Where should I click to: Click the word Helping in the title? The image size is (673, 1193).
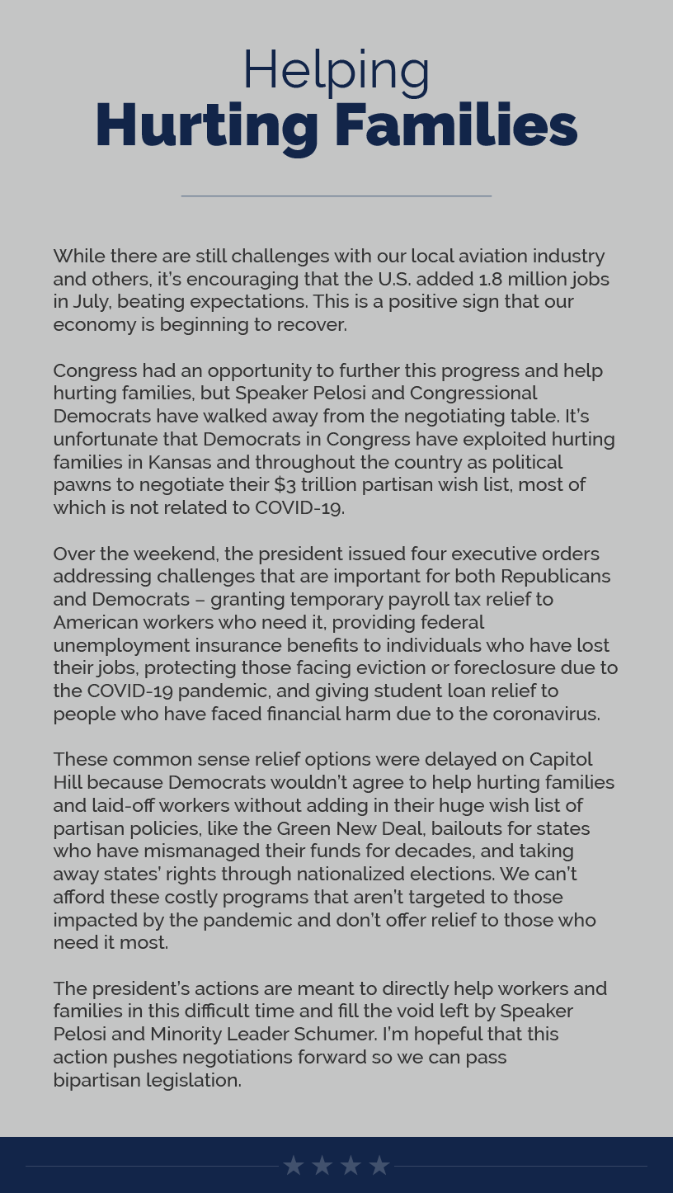[x=336, y=70]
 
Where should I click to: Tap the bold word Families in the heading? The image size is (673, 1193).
[x=455, y=125]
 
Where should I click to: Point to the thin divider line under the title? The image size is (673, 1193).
[x=336, y=196]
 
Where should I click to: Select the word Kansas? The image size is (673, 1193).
[x=179, y=462]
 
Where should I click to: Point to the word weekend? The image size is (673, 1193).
[x=175, y=554]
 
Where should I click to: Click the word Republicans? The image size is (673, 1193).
[x=555, y=576]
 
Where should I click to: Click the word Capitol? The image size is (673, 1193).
[x=560, y=759]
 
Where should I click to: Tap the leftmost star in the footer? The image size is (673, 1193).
[x=293, y=1165]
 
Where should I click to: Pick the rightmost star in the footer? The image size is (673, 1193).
[x=379, y=1165]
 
